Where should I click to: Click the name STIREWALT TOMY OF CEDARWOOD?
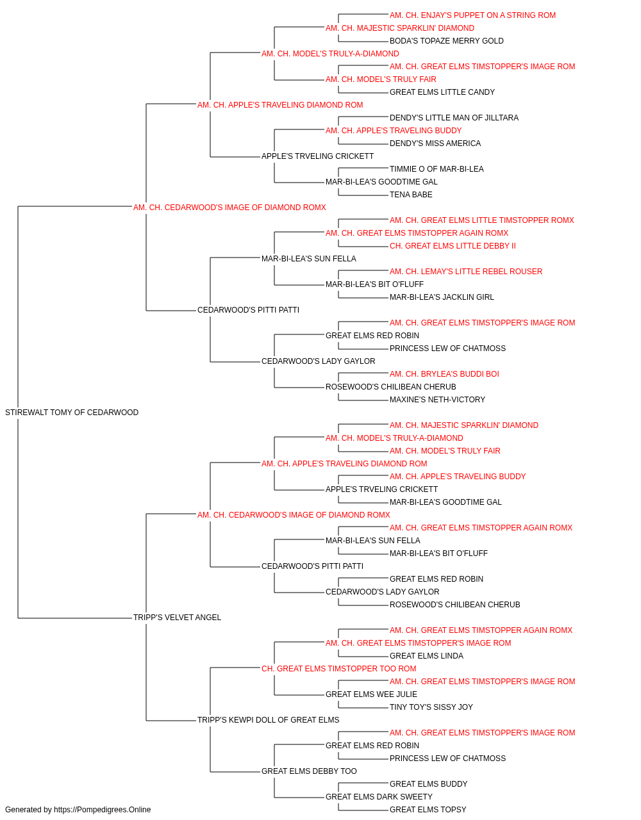(x=72, y=413)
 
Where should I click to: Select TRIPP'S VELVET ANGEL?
(x=177, y=618)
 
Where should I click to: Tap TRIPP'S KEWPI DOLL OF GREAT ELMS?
(x=268, y=720)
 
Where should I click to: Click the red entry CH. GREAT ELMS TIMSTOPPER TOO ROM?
(x=338, y=669)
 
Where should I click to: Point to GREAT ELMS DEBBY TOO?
(x=309, y=771)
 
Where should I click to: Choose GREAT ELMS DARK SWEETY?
(x=379, y=797)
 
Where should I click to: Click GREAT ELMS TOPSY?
(x=428, y=810)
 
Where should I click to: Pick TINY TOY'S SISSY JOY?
(x=431, y=707)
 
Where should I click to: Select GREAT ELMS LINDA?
(x=426, y=656)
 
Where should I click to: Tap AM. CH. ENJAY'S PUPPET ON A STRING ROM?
(x=472, y=15)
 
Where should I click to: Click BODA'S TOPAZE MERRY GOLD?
(x=447, y=41)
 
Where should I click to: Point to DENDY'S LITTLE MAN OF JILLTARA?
(x=454, y=118)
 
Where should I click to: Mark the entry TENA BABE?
(x=411, y=195)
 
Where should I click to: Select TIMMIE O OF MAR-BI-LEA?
(x=437, y=169)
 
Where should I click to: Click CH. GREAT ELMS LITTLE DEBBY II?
(x=453, y=246)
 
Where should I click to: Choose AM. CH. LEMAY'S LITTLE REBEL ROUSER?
(x=466, y=272)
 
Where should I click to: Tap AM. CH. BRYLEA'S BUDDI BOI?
(x=444, y=374)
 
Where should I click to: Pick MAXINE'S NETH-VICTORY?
(x=438, y=400)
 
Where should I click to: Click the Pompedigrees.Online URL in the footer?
(x=103, y=810)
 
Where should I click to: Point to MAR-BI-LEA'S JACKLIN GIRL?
(x=442, y=297)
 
